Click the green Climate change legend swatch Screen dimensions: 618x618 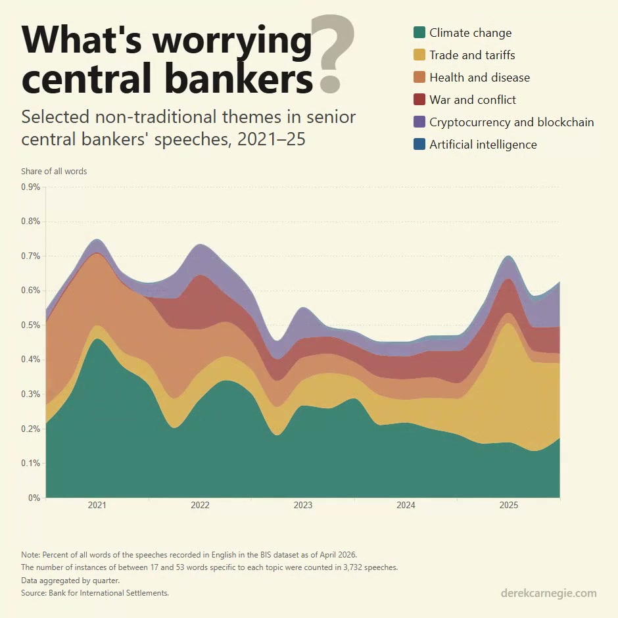click(419, 32)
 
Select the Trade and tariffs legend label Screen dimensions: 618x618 click(472, 55)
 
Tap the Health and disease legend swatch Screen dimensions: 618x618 click(419, 77)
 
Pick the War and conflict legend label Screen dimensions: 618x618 click(473, 100)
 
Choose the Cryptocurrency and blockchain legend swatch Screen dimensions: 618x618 click(419, 122)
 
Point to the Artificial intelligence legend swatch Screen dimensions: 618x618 click(419, 144)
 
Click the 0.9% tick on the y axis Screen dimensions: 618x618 click(31, 187)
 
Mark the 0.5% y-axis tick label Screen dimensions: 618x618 click(31, 325)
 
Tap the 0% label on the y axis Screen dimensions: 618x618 click(34, 498)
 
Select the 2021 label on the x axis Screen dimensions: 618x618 click(97, 506)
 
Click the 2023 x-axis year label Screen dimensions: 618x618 click(302, 506)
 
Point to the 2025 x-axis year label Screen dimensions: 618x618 click(508, 506)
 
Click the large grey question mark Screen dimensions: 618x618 click(333, 54)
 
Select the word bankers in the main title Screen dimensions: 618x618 click(239, 78)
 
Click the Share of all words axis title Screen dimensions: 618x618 click(54, 171)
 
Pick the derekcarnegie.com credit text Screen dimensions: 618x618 click(548, 593)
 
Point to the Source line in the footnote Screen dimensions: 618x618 click(95, 593)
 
